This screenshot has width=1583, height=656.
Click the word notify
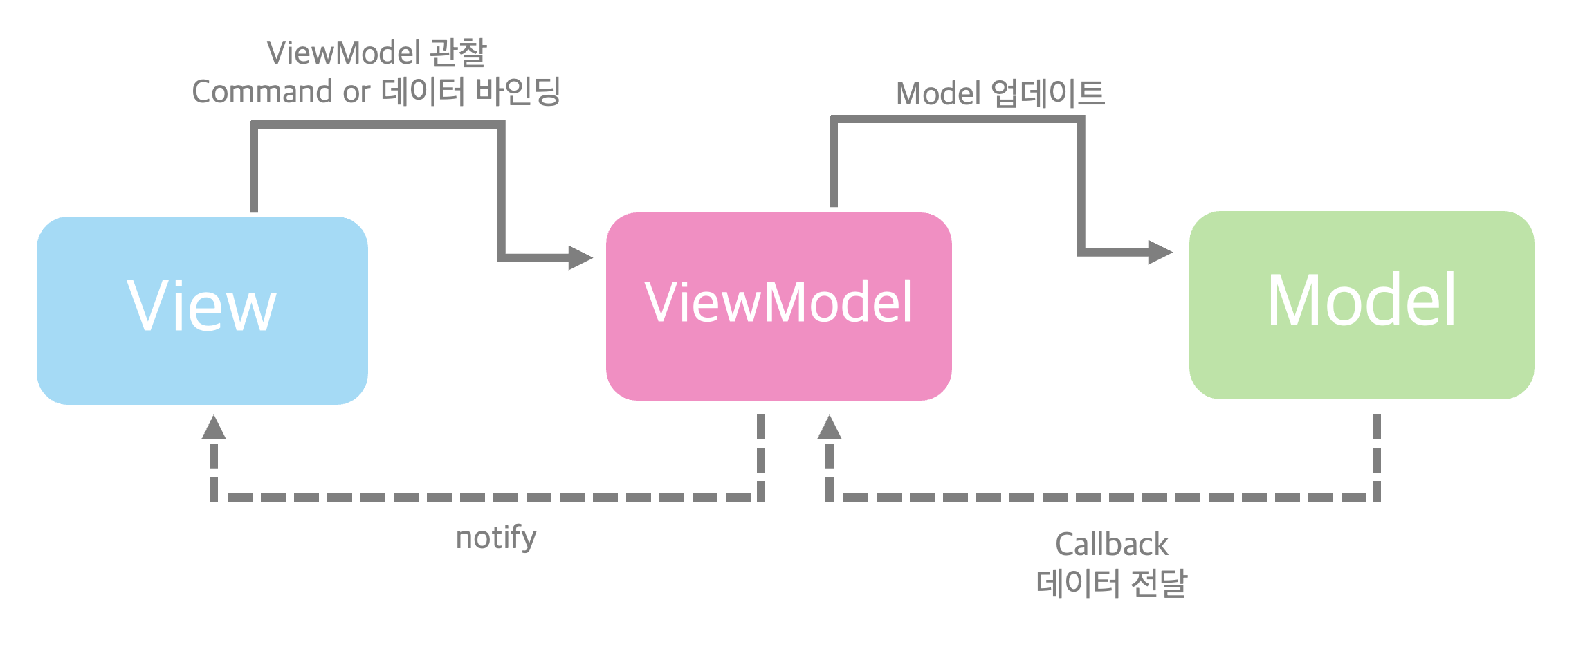496,538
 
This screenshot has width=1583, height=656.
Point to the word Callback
1111,545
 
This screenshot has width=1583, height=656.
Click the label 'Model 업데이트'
1000,94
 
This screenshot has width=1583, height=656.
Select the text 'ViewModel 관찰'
377,53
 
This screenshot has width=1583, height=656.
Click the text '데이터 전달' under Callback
1111,583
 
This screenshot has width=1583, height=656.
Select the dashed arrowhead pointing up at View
214,428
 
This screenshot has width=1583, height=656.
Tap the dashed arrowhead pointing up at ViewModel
830,428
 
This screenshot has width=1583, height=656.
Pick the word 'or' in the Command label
356,93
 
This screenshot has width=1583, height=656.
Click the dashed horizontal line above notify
484,498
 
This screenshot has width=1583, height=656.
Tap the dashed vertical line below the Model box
1377,457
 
